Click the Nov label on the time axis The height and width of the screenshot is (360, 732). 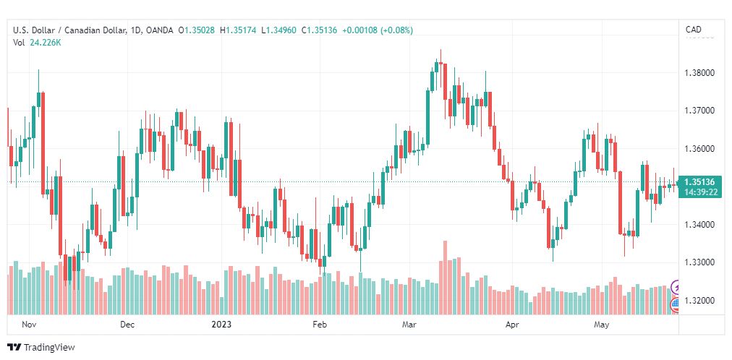click(x=29, y=325)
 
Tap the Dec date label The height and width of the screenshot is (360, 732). click(x=127, y=325)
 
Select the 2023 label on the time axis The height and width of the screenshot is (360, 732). click(x=221, y=325)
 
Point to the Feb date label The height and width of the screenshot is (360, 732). click(x=320, y=325)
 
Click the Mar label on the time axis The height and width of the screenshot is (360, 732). click(x=409, y=325)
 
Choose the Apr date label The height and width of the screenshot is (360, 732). click(x=512, y=325)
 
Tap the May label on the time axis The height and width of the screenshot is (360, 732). click(x=601, y=325)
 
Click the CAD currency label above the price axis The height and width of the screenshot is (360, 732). click(x=693, y=30)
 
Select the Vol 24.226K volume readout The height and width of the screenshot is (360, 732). click(x=38, y=43)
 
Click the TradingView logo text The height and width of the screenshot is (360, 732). click(x=49, y=348)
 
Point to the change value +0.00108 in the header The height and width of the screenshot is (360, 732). click(x=360, y=30)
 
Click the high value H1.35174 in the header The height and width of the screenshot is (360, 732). click(x=241, y=30)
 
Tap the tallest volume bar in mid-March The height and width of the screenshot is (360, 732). click(x=445, y=278)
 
